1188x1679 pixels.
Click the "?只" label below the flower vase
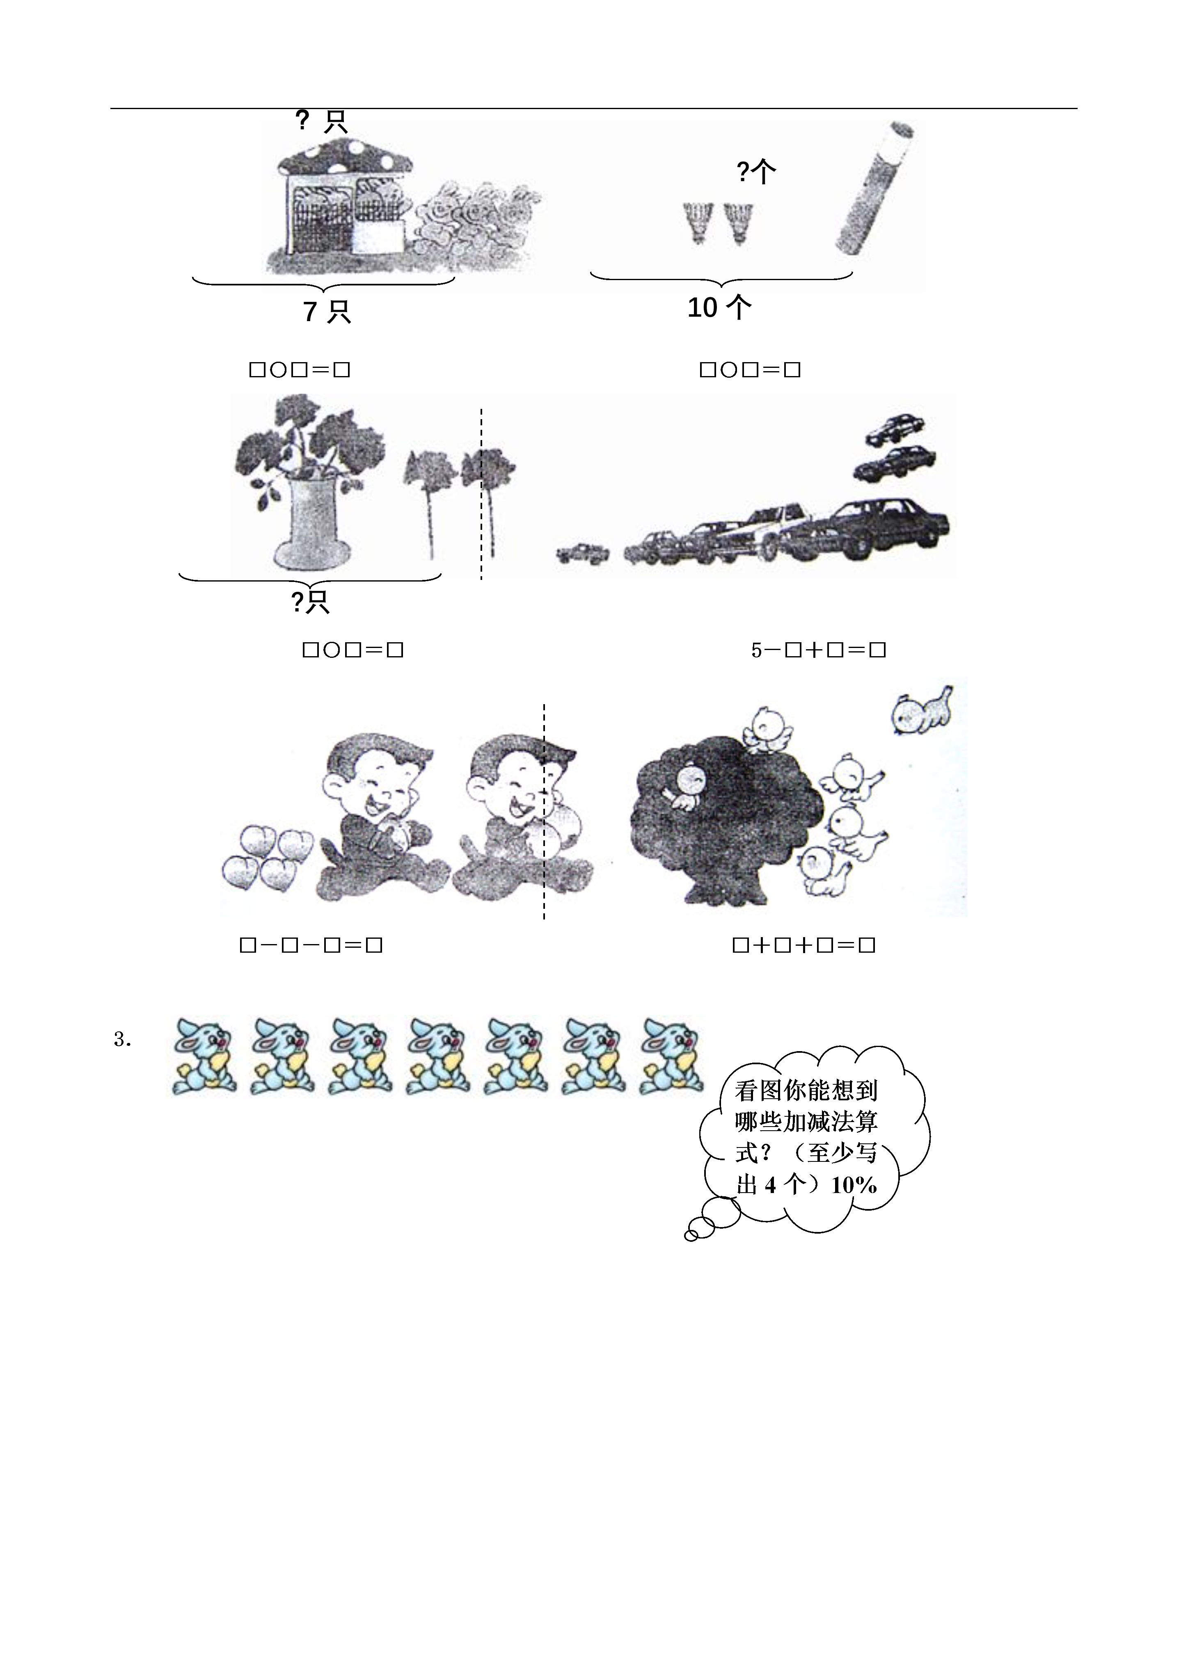click(x=310, y=602)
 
